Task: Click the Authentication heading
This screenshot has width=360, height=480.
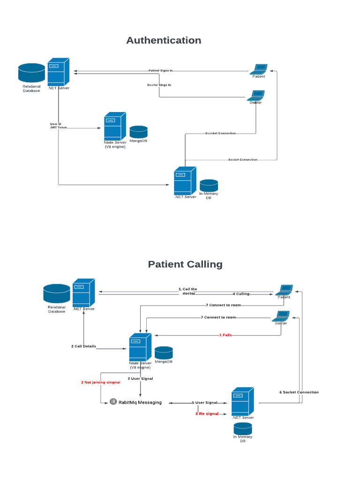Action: point(164,40)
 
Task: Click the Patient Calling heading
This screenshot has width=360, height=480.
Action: point(185,264)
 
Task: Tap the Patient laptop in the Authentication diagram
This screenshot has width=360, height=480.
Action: point(258,68)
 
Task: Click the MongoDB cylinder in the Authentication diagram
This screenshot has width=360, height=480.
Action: point(138,132)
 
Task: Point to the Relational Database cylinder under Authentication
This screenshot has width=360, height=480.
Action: point(31,73)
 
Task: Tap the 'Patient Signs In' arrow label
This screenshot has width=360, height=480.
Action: point(161,71)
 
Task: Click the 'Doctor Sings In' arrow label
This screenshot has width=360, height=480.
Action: point(159,85)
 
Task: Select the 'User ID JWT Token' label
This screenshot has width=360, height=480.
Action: point(56,126)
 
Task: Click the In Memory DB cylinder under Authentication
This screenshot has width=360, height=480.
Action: point(209,185)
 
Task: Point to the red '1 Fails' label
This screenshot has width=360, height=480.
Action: point(225,335)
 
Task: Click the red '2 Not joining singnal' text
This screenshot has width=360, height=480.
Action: point(101,382)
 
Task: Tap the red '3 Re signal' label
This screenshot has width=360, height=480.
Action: point(207,413)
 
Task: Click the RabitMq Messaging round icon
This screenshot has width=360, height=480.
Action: point(113,402)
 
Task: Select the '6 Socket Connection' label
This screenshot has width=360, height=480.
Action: point(299,392)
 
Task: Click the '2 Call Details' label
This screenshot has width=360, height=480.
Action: point(83,346)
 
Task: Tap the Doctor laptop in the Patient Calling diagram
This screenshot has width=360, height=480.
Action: point(281,316)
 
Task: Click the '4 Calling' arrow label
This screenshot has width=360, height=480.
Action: point(241,294)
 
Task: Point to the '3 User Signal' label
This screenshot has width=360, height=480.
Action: point(140,378)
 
